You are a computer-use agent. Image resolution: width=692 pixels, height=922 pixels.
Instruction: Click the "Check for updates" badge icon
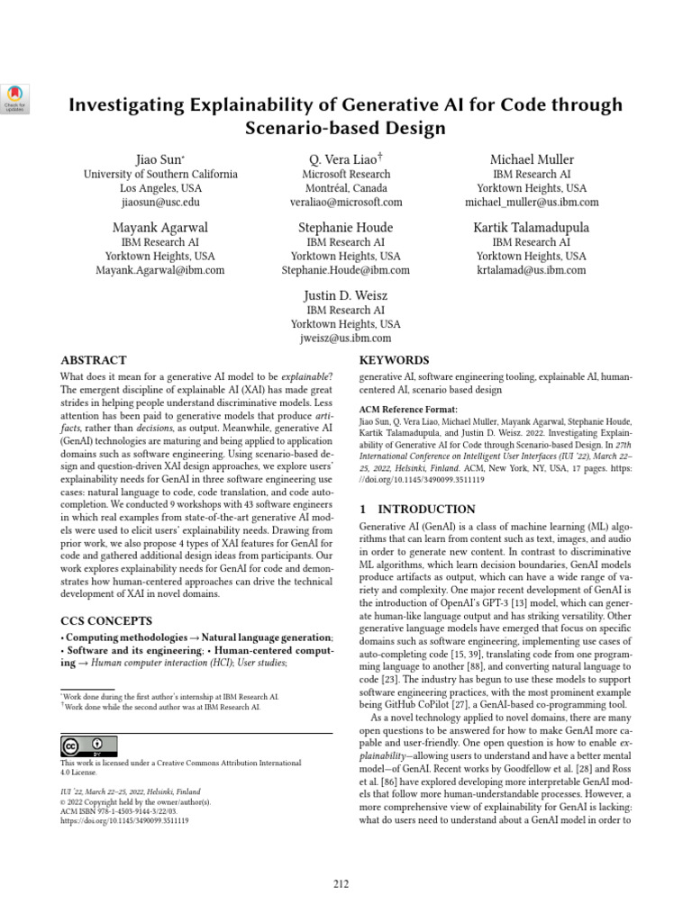click(x=17, y=97)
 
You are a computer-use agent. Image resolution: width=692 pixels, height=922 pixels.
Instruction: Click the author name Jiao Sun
click(x=159, y=159)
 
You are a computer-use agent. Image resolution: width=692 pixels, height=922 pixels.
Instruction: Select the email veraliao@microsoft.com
click(x=345, y=203)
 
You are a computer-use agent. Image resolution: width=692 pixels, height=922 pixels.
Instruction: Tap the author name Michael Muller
click(x=531, y=159)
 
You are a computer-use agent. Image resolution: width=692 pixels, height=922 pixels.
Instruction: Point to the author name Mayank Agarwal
click(x=159, y=227)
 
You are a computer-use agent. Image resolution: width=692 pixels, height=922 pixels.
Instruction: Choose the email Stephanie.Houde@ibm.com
click(x=345, y=270)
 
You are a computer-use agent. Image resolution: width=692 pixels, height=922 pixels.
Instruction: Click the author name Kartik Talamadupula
click(x=531, y=227)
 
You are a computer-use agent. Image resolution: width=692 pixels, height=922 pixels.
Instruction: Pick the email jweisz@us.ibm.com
click(x=345, y=339)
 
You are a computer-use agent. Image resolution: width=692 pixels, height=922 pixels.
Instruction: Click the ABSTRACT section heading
click(x=93, y=359)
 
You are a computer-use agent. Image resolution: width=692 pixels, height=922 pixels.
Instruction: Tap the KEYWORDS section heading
click(x=394, y=359)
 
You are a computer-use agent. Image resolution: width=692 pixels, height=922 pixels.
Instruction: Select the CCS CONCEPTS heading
click(x=106, y=620)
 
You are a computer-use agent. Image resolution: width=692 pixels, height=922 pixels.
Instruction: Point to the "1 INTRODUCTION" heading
click(x=417, y=509)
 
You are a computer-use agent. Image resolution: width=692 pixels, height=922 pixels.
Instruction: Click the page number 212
click(x=341, y=883)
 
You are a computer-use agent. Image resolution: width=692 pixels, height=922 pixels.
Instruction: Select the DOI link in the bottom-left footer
click(x=124, y=821)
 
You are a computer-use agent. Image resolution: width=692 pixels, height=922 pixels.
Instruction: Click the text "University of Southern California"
click(x=160, y=175)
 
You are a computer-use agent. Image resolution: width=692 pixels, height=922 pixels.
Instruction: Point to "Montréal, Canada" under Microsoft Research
click(x=345, y=189)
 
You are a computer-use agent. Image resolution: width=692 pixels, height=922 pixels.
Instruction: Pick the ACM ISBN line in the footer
click(x=123, y=811)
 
